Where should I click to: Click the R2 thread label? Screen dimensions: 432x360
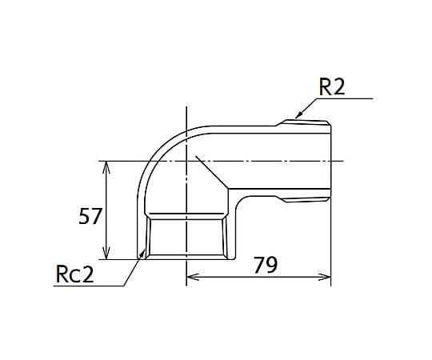[x=332, y=87]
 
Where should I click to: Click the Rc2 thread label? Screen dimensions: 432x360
[x=74, y=274]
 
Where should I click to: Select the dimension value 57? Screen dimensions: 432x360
[x=90, y=216]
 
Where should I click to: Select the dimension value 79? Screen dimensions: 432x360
[x=266, y=266]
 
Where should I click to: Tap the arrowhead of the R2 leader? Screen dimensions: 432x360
[x=298, y=115]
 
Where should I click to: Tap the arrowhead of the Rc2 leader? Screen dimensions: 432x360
[x=142, y=253]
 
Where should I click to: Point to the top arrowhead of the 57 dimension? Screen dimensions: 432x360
[x=106, y=167]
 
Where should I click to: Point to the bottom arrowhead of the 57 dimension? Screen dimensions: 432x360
[x=106, y=253]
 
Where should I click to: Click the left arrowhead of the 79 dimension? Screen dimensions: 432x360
[x=193, y=277]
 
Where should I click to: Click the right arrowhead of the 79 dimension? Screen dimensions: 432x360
[x=324, y=277]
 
